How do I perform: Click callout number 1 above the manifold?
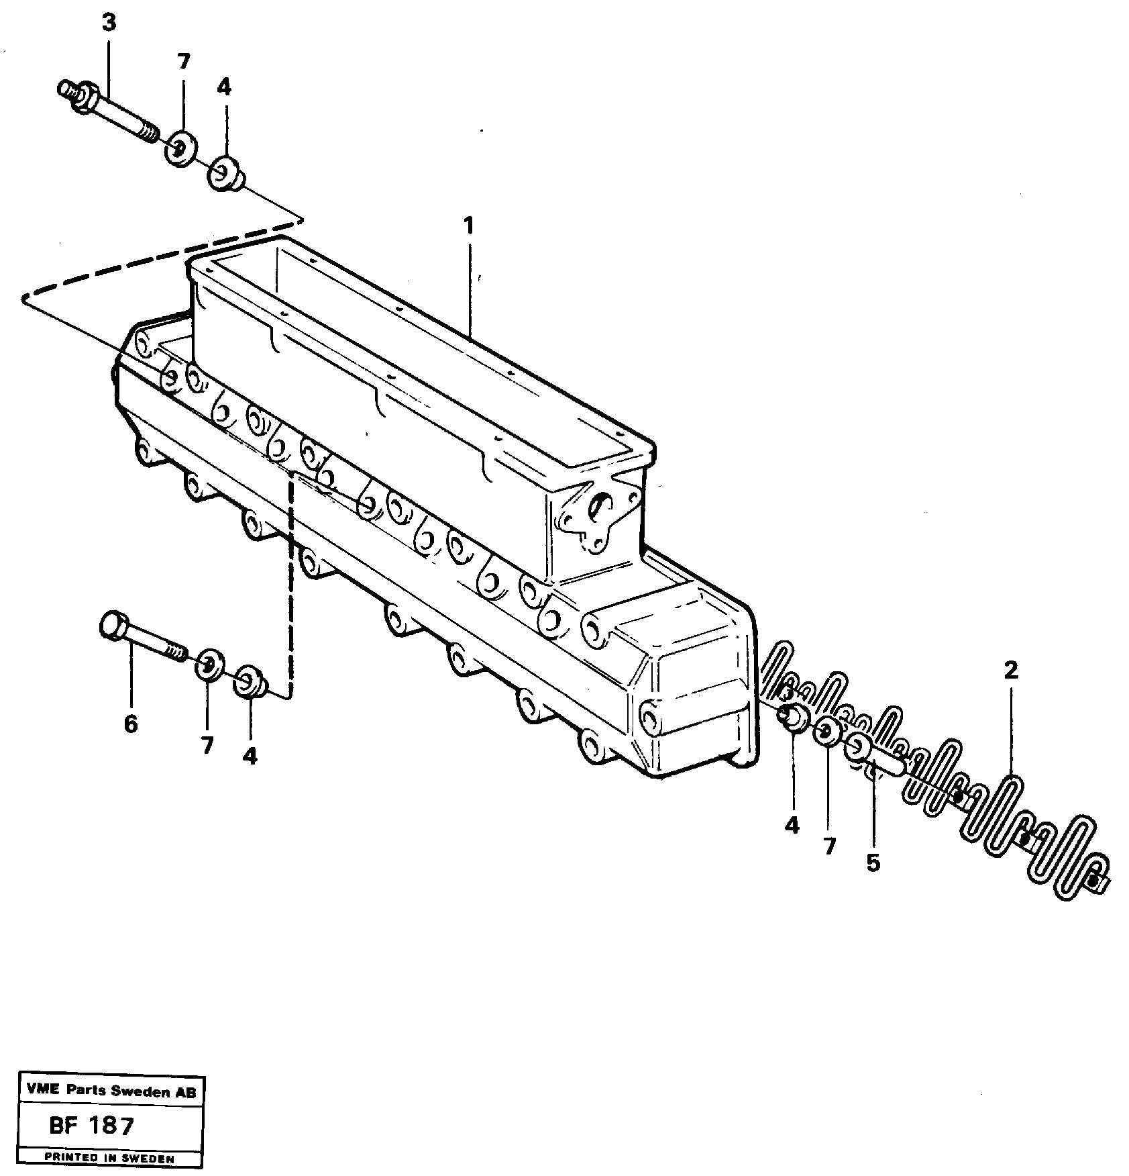[468, 226]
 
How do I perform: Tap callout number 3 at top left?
[109, 23]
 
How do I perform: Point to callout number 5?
[872, 863]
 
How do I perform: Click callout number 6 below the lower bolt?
[131, 724]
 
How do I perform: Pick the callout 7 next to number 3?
[183, 62]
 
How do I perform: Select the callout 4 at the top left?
[223, 87]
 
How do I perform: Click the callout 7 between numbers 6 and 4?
[207, 744]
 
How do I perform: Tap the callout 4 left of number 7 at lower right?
[792, 826]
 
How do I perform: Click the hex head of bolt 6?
[112, 625]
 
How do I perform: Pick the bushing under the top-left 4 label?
[225, 174]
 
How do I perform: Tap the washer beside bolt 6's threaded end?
[209, 665]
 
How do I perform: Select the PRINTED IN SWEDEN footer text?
[110, 1158]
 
